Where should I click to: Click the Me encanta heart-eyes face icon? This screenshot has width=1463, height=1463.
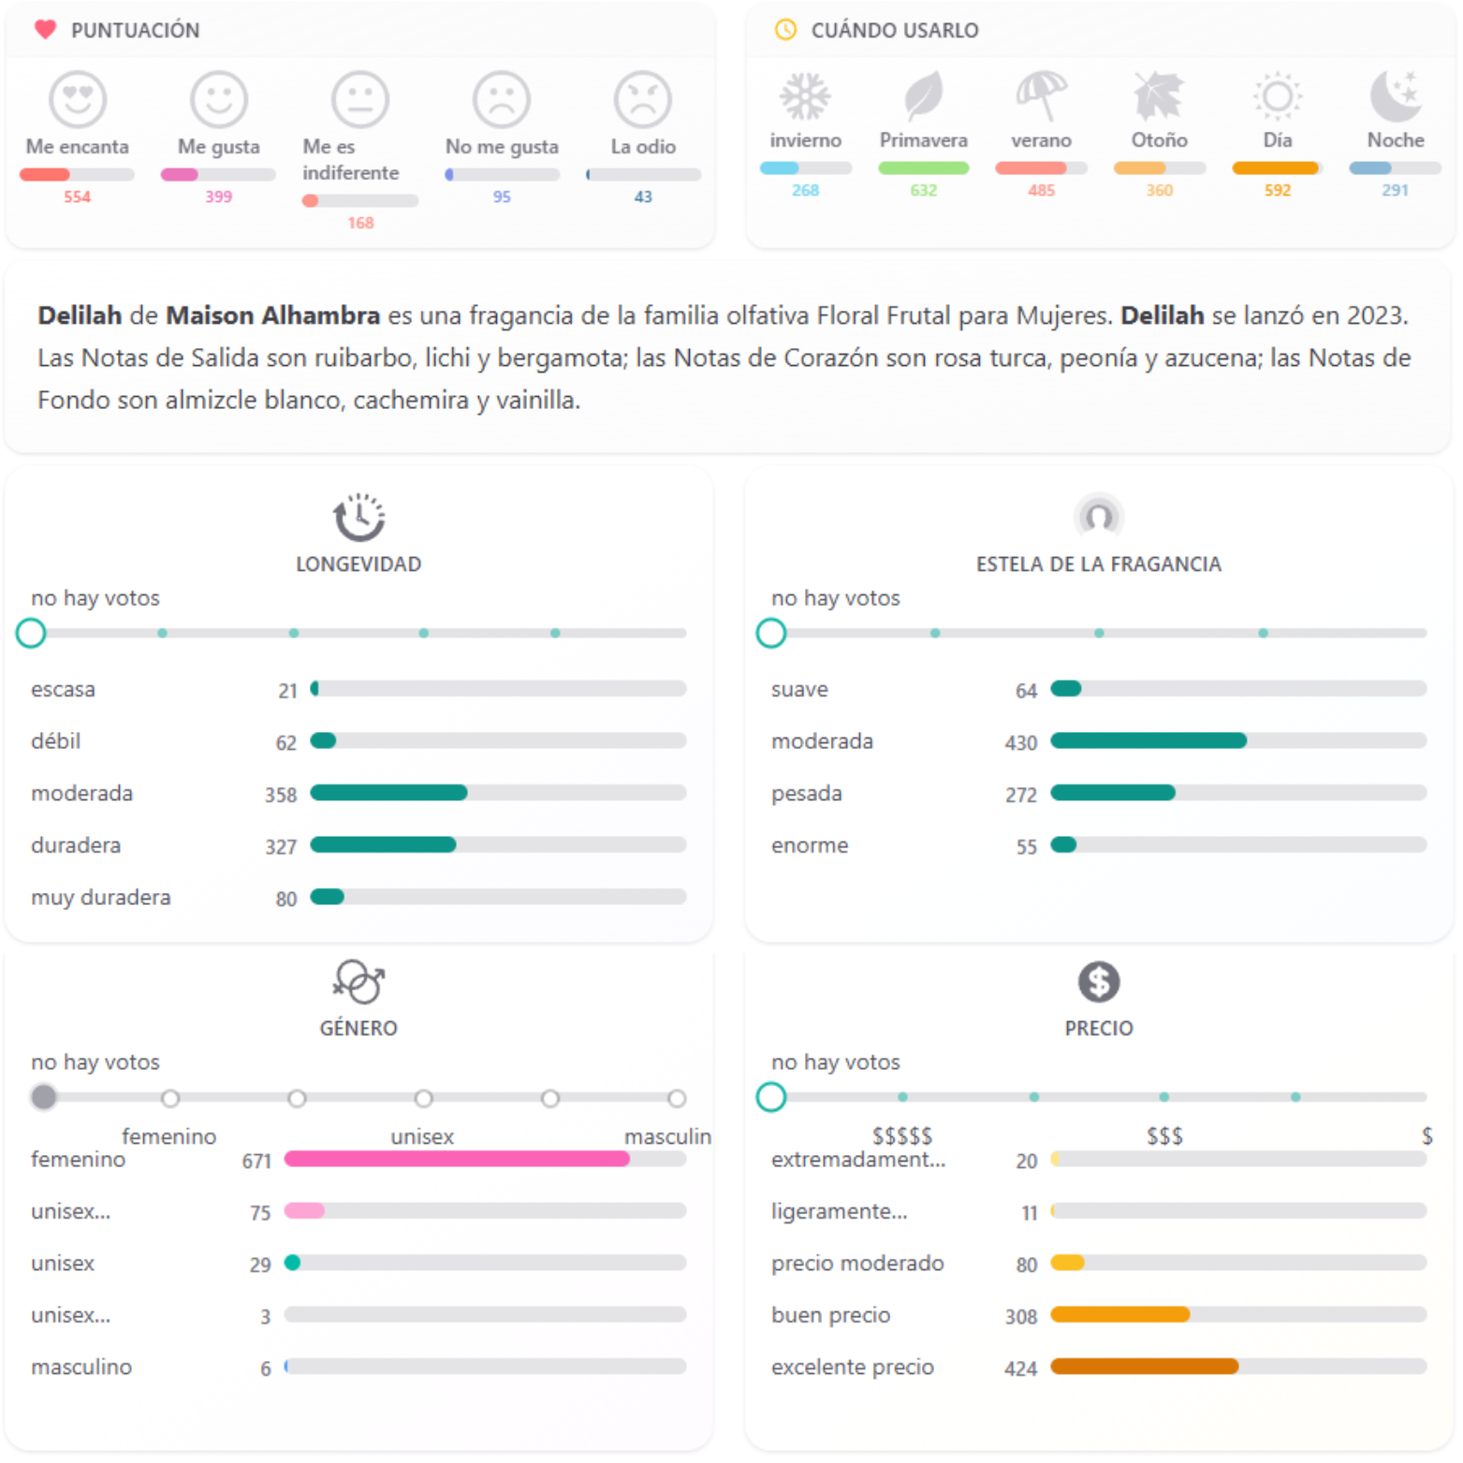78,99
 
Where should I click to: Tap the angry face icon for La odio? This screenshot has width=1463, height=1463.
642,99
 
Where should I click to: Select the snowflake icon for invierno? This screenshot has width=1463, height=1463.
805,95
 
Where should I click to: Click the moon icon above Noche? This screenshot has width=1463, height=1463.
1395,95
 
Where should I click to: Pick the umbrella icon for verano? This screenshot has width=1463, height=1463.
1041,95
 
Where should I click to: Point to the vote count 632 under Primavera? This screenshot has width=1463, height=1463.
923,190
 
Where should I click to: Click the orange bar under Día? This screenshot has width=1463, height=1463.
1275,168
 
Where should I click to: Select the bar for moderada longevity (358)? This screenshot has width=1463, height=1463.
388,793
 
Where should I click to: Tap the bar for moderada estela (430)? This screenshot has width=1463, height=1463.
1148,740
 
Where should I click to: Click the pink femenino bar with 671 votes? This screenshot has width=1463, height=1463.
457,1159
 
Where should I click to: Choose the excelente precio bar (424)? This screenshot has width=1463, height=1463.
1144,1367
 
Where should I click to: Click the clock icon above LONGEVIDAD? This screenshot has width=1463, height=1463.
358,517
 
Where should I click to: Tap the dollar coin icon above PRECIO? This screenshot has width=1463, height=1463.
1098,982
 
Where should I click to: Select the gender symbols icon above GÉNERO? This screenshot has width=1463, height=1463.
358,982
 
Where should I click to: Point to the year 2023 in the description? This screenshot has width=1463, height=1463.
1375,315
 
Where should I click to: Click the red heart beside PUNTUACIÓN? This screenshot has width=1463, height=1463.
45,30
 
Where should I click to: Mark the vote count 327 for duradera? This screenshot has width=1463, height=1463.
281,847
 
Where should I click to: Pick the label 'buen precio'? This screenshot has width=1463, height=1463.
830,1315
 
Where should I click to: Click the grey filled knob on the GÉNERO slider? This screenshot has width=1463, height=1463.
43,1097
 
